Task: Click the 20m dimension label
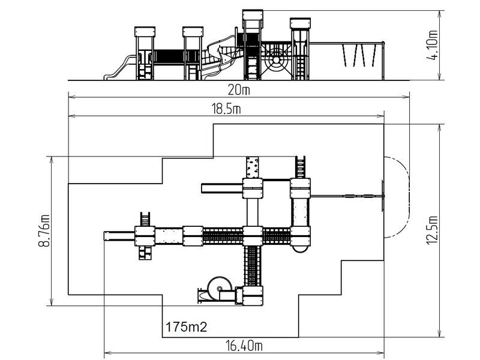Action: pos(239,90)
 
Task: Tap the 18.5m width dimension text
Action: pos(226,109)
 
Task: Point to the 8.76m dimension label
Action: pos(44,231)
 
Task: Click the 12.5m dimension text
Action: pos(432,230)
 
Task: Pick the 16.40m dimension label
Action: pos(244,346)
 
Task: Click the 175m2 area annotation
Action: pos(186,327)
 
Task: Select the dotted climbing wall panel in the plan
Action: pos(252,167)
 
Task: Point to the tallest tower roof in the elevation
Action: pos(253,14)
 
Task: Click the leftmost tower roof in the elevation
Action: pos(145,32)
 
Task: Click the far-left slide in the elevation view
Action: pos(120,67)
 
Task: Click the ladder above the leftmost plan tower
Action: pos(145,219)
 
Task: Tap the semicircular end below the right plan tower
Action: pos(299,248)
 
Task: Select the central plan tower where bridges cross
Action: pos(253,236)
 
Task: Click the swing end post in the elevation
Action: pos(383,61)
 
